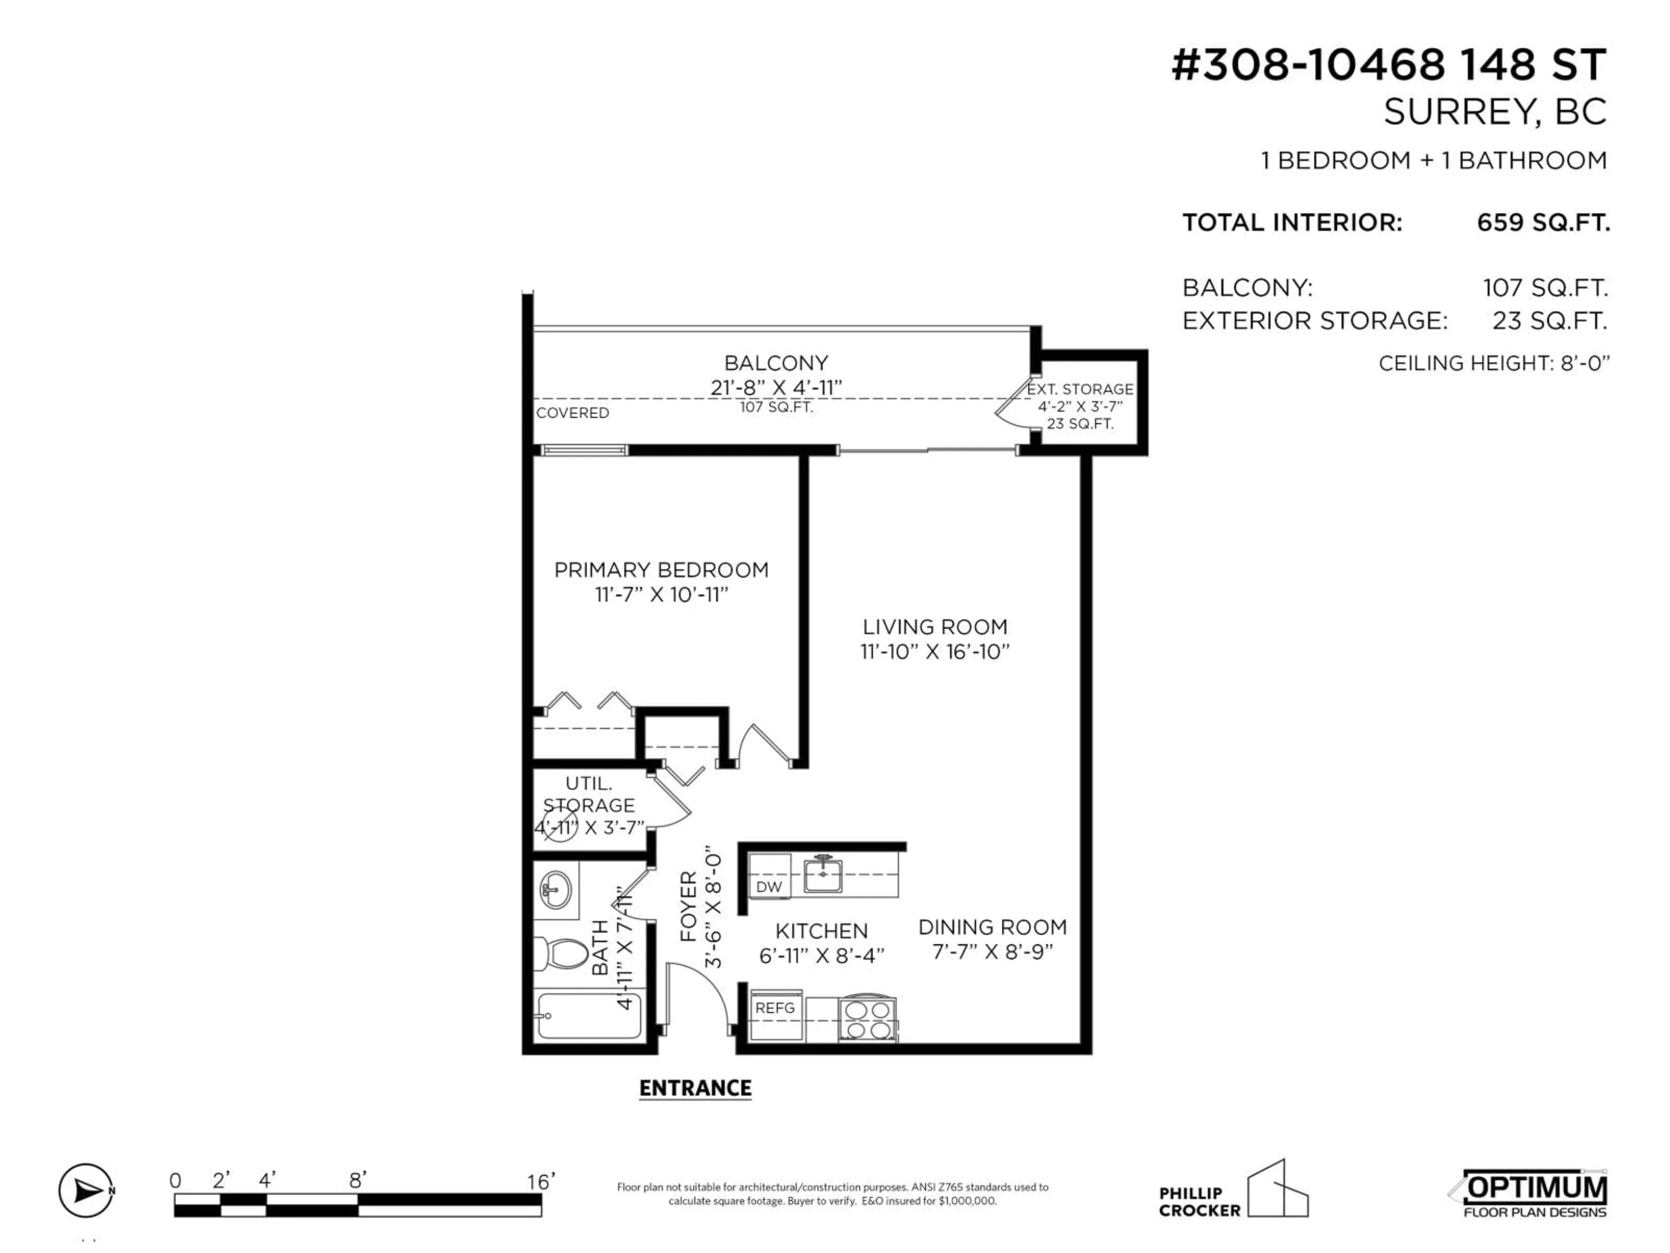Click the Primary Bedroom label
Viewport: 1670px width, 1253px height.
[661, 570]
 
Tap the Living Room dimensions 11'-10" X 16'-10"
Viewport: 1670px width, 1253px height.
[935, 652]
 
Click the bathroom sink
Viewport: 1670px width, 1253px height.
[556, 890]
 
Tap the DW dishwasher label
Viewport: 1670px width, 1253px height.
[769, 887]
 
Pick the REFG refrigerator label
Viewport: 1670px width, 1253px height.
[775, 1008]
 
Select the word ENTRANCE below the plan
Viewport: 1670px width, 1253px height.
[695, 1089]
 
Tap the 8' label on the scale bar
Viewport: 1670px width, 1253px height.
[358, 1180]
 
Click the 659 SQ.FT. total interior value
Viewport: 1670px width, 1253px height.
[1543, 223]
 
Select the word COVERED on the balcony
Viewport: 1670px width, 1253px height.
[572, 413]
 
